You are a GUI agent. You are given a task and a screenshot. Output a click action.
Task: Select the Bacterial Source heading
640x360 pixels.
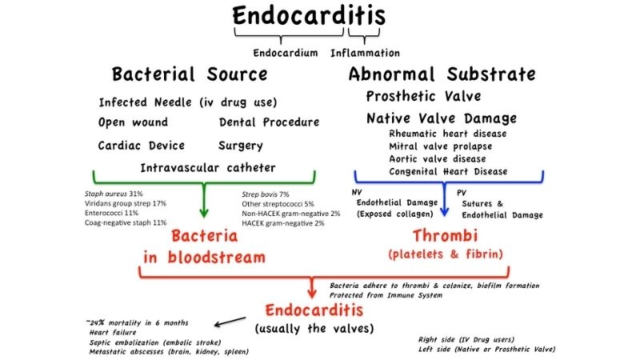189,75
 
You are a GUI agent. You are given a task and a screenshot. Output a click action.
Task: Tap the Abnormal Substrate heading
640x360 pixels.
442,75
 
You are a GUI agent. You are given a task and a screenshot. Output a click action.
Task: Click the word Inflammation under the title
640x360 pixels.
365,54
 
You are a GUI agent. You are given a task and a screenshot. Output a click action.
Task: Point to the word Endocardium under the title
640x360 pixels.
289,54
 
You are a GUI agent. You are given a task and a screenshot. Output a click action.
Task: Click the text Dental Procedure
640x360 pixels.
269,122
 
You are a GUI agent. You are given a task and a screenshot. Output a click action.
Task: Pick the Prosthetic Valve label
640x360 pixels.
424,97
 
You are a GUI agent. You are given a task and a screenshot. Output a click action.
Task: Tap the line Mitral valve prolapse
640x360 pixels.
442,146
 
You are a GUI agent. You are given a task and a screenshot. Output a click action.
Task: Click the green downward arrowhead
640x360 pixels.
203,214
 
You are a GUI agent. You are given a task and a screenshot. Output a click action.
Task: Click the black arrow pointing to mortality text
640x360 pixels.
231,322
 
